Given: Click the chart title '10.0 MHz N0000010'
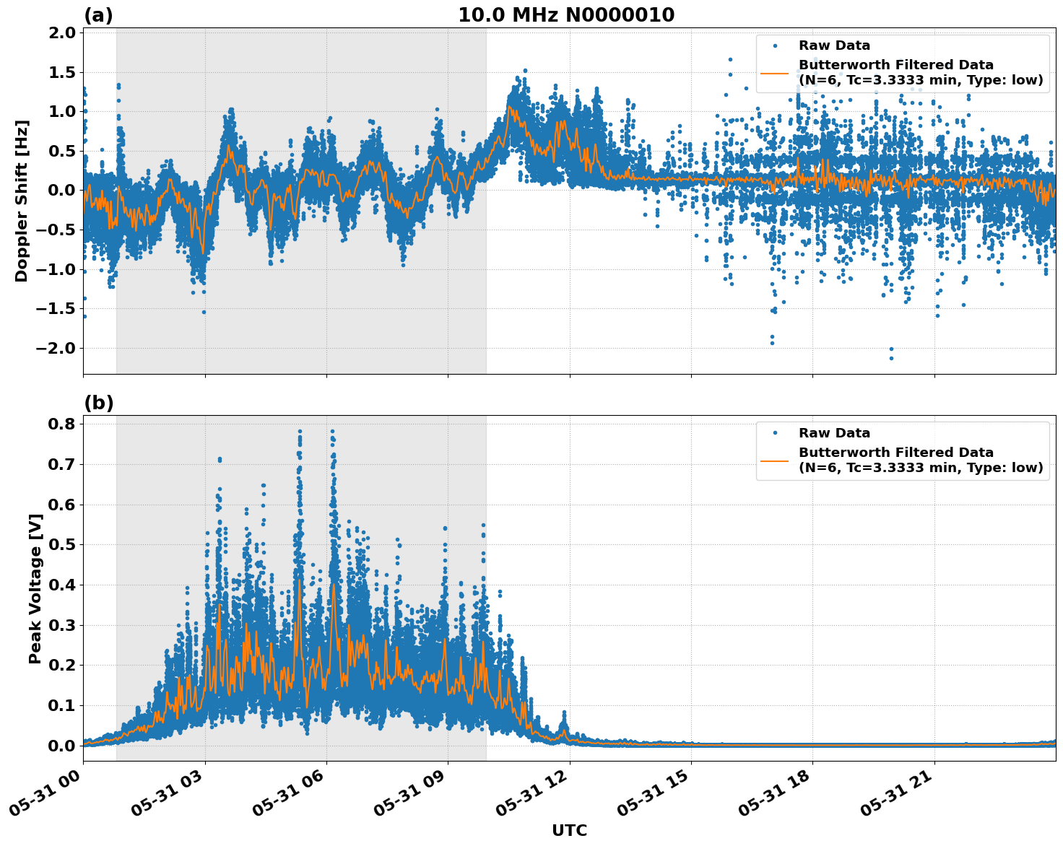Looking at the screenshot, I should [565, 15].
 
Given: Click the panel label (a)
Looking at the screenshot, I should [98, 15].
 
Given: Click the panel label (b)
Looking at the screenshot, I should [98, 403].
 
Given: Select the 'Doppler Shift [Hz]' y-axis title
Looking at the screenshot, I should [22, 201].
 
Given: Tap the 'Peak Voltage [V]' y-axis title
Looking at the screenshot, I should [35, 588].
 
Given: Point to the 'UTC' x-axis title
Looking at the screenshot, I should [569, 830].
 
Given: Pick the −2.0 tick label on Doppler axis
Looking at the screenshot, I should [57, 348].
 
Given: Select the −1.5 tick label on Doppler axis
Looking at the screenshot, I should [57, 309].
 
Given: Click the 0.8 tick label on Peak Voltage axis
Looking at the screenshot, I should [63, 424].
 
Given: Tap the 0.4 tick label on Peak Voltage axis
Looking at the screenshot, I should [63, 585].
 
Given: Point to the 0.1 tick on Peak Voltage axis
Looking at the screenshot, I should [63, 705].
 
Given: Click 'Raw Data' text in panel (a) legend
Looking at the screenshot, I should [834, 45].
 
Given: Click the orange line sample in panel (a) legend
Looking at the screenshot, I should [774, 73].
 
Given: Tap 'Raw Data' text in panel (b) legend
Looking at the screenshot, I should [834, 433].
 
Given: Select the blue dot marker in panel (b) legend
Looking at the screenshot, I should [775, 433].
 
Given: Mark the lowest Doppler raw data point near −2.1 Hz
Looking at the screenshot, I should [891, 358].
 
